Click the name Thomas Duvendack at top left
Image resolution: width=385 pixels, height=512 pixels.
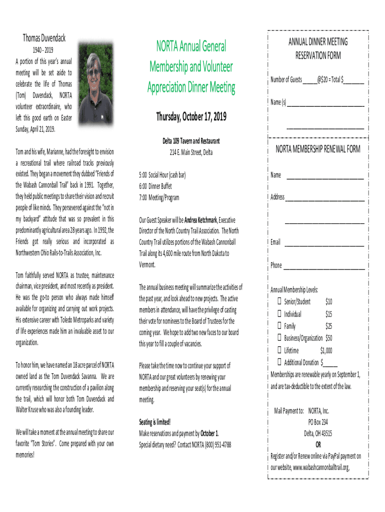click(x=44, y=38)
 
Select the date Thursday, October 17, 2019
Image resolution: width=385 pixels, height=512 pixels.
click(x=191, y=117)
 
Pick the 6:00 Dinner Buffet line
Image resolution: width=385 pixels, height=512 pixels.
click(x=155, y=186)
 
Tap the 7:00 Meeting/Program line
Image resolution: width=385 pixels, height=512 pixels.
click(x=158, y=197)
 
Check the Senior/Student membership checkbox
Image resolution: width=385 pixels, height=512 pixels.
click(x=279, y=301)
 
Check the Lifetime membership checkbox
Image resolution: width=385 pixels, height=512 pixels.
click(x=279, y=350)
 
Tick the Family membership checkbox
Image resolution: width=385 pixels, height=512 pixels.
click(x=279, y=326)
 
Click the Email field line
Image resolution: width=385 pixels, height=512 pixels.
click(x=324, y=243)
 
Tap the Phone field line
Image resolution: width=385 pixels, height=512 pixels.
click(x=324, y=266)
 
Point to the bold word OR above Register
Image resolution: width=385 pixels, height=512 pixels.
click(x=318, y=444)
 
